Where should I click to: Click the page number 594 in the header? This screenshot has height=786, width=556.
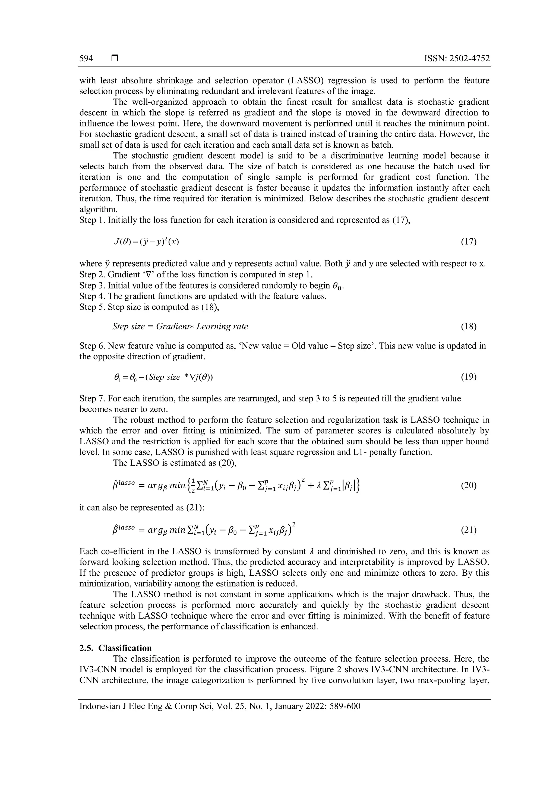86,59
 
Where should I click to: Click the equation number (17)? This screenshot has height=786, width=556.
469,242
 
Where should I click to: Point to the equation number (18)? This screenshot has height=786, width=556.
469,327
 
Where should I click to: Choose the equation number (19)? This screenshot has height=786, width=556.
469,377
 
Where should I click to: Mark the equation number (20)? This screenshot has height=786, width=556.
469,486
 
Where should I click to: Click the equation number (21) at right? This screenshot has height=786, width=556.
469,530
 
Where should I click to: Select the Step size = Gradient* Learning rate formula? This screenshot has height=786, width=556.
180,327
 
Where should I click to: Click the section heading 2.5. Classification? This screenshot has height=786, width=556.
115,648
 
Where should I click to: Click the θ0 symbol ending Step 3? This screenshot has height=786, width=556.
337,286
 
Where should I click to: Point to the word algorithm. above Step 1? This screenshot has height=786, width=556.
98,210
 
